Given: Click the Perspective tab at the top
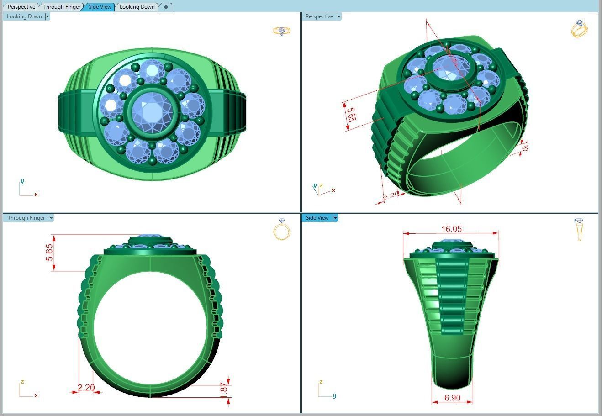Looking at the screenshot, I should (21, 7).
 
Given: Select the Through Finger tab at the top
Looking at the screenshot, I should (62, 7).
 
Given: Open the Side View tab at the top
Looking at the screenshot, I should (100, 7).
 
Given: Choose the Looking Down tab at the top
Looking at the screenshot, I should (137, 7).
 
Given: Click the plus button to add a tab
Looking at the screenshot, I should (166, 7).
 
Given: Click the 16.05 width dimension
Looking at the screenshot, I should (451, 229).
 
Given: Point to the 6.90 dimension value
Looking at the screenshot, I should (452, 398).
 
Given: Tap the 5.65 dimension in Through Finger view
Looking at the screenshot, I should (49, 253).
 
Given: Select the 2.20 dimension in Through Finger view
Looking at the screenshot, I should (86, 388).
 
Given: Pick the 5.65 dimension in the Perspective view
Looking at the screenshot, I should (350, 114).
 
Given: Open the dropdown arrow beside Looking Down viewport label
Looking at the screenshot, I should (48, 16).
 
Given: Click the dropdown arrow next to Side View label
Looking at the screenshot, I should (335, 218).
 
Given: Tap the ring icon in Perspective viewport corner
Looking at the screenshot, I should (579, 29).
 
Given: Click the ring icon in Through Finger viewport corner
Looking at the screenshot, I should (281, 229).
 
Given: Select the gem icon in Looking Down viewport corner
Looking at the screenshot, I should (281, 31).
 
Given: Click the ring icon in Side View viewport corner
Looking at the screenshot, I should (579, 229).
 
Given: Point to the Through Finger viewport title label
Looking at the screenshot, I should (26, 218).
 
